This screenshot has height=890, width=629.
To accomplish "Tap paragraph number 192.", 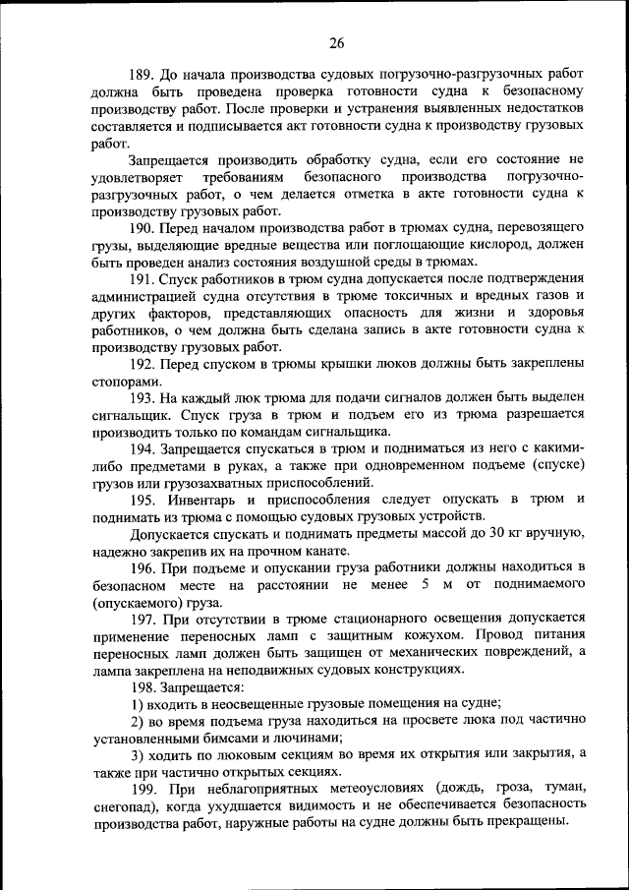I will pos(143,365).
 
